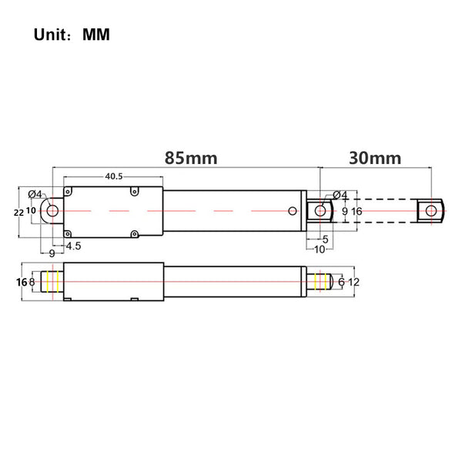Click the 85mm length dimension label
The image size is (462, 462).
click(x=191, y=158)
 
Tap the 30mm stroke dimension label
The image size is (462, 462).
click(x=375, y=158)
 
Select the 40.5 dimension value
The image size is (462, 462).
click(x=114, y=176)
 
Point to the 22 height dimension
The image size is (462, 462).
click(x=18, y=213)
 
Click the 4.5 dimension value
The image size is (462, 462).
click(x=73, y=246)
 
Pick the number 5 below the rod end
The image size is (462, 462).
click(x=325, y=239)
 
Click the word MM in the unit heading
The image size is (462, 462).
click(x=96, y=35)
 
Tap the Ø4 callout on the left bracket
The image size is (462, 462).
click(x=35, y=194)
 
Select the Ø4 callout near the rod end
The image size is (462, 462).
click(x=340, y=195)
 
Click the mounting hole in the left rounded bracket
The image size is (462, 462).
click(x=52, y=211)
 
